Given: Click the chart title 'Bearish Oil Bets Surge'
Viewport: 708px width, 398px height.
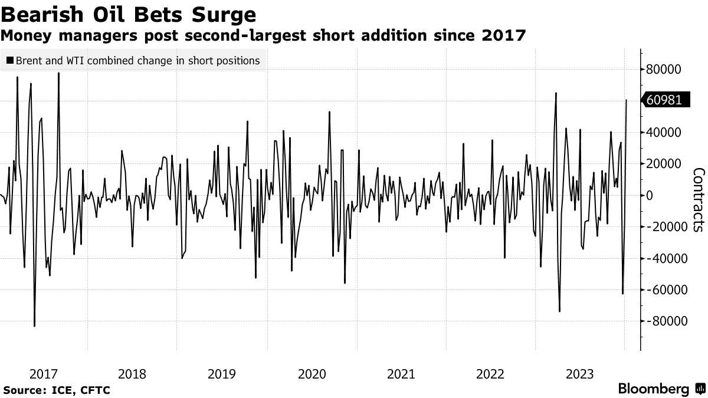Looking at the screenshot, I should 129,14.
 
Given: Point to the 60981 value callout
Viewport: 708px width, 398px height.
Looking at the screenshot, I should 664,100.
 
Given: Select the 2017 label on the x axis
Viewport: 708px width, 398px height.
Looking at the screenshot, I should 43,374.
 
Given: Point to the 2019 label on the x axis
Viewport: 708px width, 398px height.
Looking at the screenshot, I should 222,374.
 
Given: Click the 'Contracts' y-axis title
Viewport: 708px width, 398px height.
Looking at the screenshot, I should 698,199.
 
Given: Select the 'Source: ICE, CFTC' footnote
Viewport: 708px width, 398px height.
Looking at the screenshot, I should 57,390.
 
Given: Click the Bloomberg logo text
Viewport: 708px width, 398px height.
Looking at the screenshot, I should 653,389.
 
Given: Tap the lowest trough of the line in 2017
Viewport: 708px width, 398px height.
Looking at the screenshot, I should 34,325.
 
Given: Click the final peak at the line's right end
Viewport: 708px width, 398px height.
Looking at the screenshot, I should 626,100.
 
